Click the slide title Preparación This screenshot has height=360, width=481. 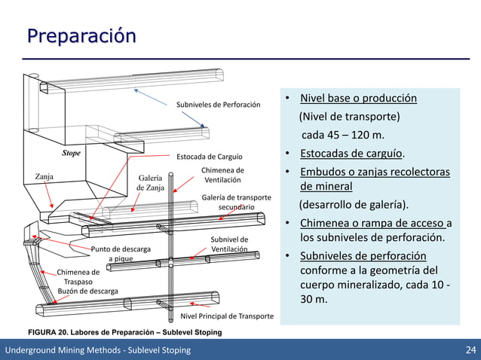[x=81, y=35]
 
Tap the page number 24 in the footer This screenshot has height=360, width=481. [x=470, y=350]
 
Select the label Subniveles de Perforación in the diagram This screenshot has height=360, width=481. [x=218, y=105]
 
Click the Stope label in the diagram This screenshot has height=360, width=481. [x=71, y=153]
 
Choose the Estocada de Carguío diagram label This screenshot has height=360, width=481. [x=209, y=157]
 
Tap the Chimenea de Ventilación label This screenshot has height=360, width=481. [x=222, y=175]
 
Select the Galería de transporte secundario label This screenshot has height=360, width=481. [x=236, y=201]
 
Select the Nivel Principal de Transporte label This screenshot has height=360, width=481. [x=227, y=316]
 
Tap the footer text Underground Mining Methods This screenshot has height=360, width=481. [x=98, y=350]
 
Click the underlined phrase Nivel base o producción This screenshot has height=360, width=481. [x=358, y=99]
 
